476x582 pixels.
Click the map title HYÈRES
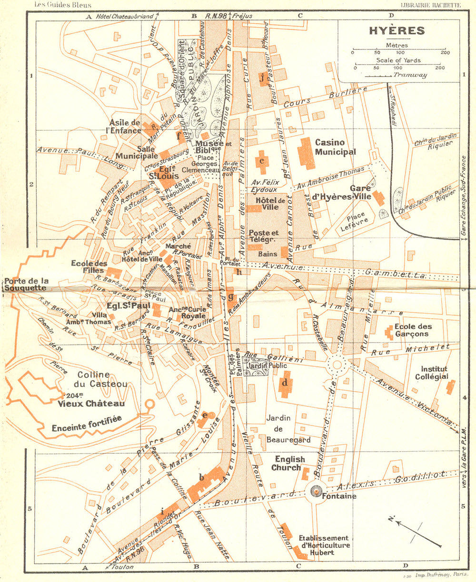click(397, 31)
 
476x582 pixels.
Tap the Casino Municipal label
click(336, 147)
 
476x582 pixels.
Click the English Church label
click(288, 464)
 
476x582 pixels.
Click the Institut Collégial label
click(434, 373)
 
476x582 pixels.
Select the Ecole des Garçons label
click(413, 330)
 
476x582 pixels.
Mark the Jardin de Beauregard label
click(288, 428)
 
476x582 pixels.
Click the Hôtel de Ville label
click(270, 204)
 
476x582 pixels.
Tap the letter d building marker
click(285, 383)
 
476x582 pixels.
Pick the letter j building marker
click(261, 78)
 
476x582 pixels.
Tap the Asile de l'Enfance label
click(125, 127)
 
